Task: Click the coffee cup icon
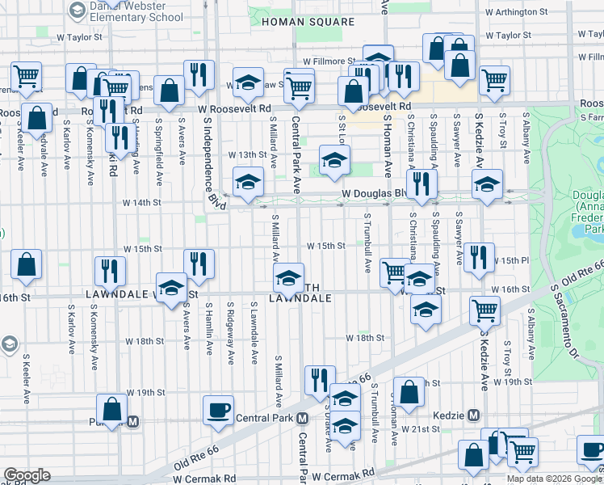(217, 410)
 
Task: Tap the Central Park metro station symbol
(302, 418)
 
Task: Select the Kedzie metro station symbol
(473, 415)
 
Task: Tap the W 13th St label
(247, 154)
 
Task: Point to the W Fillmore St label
(330, 61)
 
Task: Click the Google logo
(27, 475)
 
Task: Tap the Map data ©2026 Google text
(555, 479)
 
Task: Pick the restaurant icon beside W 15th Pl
(478, 257)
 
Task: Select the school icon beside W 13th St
(334, 159)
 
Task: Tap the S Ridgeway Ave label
(231, 335)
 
